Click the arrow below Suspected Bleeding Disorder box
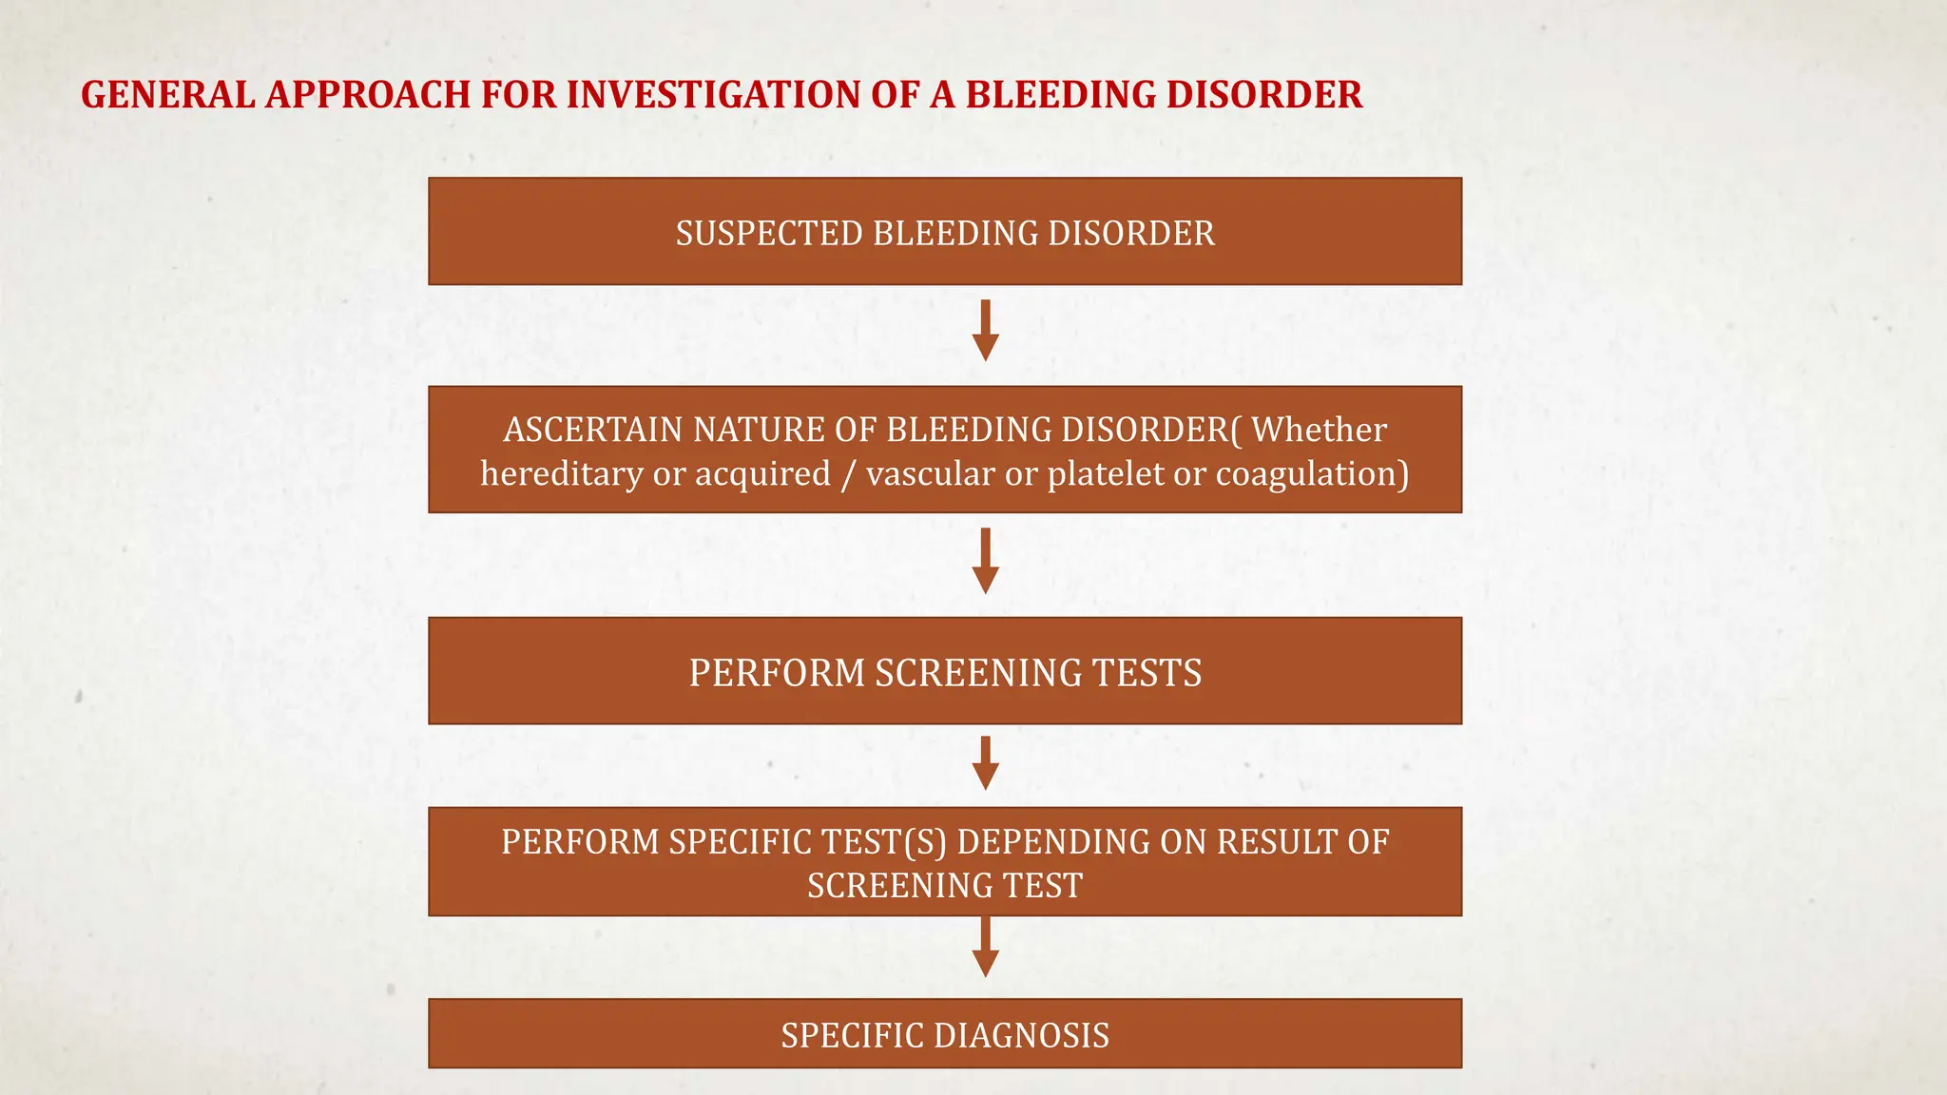[986, 331]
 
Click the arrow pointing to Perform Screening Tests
[986, 561]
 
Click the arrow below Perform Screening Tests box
[986, 763]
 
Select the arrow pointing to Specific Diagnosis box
[986, 949]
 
